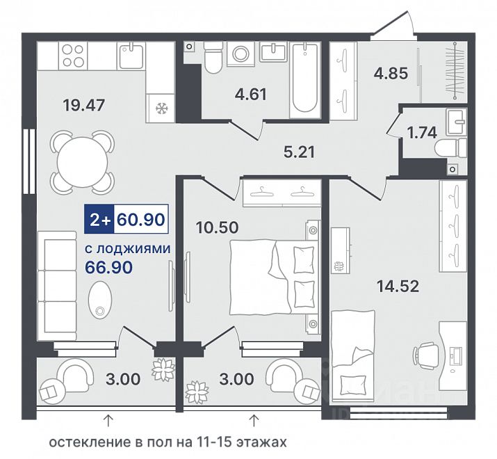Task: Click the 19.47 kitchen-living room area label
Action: pos(83,105)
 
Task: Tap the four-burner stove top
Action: pos(73,56)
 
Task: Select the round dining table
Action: pos(82,162)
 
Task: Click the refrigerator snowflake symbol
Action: pos(161,109)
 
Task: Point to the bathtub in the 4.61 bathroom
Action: pos(304,80)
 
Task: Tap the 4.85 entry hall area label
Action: pos(391,74)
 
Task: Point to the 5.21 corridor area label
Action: pos(299,152)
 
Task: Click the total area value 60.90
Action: pos(140,219)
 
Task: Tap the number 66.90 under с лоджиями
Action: pos(108,268)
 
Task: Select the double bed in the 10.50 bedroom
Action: pos(273,277)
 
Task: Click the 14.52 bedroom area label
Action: pos(398,287)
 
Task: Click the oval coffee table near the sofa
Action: pos(100,300)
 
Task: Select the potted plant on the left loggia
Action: pos(163,368)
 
